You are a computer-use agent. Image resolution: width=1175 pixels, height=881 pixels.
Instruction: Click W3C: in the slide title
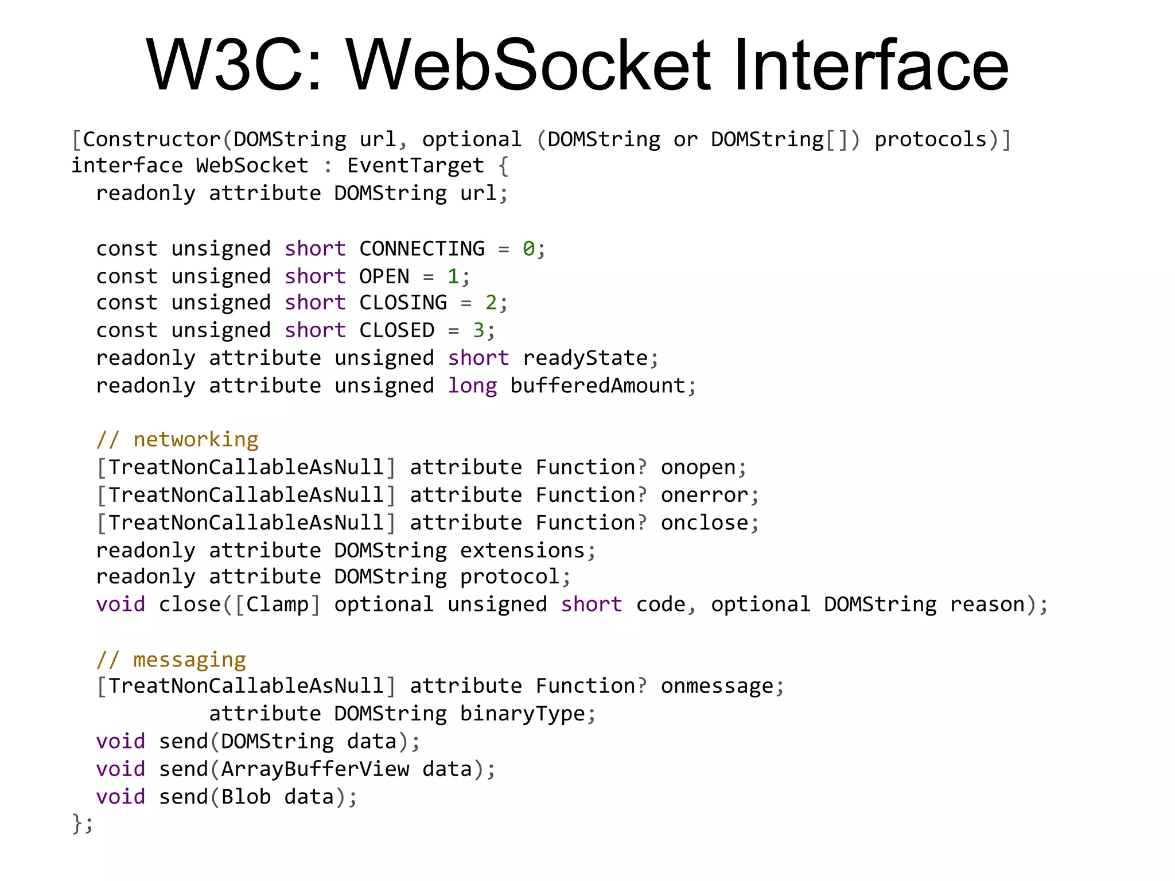pyautogui.click(x=234, y=64)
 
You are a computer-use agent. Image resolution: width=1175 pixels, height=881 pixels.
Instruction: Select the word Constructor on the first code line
pyautogui.click(x=151, y=139)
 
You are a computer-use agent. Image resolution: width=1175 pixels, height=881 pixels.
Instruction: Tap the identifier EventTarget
pyautogui.click(x=415, y=166)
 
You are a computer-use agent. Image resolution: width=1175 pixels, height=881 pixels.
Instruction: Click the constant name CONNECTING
pyautogui.click(x=422, y=249)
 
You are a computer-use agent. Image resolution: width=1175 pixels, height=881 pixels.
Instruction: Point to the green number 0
pyautogui.click(x=528, y=249)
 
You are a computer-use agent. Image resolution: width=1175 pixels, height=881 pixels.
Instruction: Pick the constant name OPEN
pyautogui.click(x=384, y=276)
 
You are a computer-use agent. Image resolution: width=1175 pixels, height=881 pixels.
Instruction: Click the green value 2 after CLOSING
pyautogui.click(x=491, y=302)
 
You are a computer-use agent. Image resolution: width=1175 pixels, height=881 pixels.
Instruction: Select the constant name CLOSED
pyautogui.click(x=396, y=330)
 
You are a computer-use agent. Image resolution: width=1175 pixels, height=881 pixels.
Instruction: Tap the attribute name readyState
pyautogui.click(x=585, y=358)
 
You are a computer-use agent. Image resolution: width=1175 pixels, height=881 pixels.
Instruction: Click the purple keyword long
pyautogui.click(x=472, y=385)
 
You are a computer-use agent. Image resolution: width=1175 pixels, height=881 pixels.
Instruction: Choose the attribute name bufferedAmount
pyautogui.click(x=598, y=385)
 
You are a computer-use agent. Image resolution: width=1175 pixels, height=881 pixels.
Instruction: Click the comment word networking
pyautogui.click(x=196, y=440)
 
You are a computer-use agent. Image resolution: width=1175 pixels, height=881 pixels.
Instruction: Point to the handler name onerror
pyautogui.click(x=705, y=495)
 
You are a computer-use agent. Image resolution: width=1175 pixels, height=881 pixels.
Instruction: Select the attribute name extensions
pyautogui.click(x=522, y=551)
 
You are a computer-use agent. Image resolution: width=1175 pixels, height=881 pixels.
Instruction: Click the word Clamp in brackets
pyautogui.click(x=277, y=605)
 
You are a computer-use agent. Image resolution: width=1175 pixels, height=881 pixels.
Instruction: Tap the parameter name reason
pyautogui.click(x=987, y=605)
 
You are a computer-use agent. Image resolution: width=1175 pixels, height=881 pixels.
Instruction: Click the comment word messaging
pyautogui.click(x=189, y=660)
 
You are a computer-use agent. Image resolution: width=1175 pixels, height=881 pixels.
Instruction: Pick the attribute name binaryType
pyautogui.click(x=522, y=714)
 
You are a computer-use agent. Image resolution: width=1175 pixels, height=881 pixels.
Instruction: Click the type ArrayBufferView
pyautogui.click(x=315, y=769)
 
